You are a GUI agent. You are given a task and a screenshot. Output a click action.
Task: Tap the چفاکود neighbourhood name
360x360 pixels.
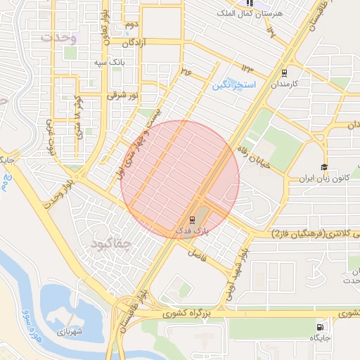[112, 244]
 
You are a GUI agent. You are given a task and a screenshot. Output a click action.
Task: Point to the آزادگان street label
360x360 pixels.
[137, 43]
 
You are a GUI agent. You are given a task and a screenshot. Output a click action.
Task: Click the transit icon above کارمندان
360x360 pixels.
[284, 72]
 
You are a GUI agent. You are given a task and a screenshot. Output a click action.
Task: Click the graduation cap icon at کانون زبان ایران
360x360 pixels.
[324, 167]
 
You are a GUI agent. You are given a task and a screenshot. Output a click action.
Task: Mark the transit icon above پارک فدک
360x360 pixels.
[194, 219]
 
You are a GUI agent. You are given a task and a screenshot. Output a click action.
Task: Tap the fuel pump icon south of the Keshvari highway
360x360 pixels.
[321, 326]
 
